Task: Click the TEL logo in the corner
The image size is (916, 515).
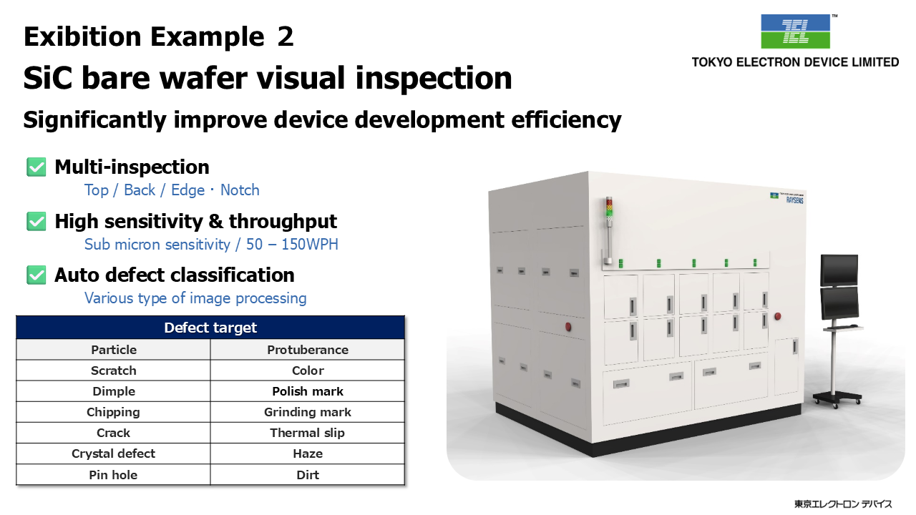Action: click(x=795, y=31)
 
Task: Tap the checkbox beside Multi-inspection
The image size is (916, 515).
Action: click(x=36, y=167)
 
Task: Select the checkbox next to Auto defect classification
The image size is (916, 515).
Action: click(x=36, y=275)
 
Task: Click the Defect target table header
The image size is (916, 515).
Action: click(x=210, y=328)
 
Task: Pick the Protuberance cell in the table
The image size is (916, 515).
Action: click(x=308, y=350)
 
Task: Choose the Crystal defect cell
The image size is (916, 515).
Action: click(x=113, y=453)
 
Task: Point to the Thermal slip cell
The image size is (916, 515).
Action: click(x=308, y=433)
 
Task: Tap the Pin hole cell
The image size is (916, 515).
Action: click(x=113, y=475)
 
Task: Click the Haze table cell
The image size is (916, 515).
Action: click(x=308, y=453)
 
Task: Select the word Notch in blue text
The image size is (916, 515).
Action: click(x=240, y=190)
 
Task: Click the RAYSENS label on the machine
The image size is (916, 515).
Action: click(x=794, y=200)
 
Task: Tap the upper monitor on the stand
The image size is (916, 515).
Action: click(x=839, y=270)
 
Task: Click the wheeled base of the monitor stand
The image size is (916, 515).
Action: click(x=837, y=398)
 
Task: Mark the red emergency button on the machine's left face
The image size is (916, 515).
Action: click(x=568, y=327)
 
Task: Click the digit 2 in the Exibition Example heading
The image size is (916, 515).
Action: click(x=286, y=36)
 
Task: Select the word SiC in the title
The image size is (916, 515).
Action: click(x=48, y=78)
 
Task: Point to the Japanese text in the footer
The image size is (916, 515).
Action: click(x=843, y=504)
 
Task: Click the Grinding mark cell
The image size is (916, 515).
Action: click(x=308, y=412)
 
